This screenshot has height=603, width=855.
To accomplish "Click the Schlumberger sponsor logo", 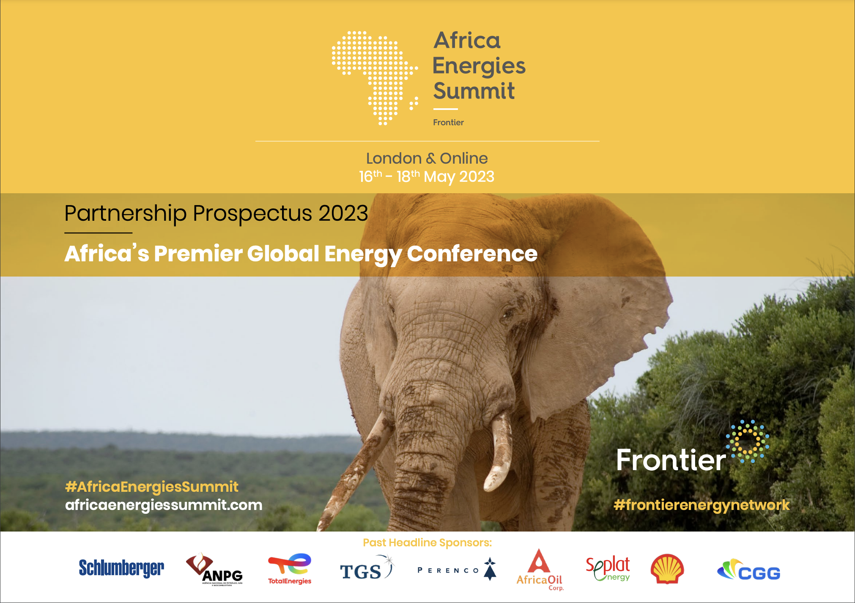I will coord(121,568).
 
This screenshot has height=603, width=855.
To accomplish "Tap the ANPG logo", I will coord(214,569).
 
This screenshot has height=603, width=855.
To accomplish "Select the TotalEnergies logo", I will coord(290,569).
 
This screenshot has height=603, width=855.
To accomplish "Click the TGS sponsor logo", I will coord(367,569).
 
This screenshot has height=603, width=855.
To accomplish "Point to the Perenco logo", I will coord(457,570).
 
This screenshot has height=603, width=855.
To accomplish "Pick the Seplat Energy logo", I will coord(608,569).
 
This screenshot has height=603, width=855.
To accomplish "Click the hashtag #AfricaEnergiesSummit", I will coord(152,487).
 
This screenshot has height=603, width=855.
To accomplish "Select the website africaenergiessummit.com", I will coord(164,505).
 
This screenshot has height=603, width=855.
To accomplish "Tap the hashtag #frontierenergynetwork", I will coord(702,505).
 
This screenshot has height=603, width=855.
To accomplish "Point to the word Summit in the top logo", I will coord(474,91).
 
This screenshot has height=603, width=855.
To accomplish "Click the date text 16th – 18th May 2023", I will coord(427,176).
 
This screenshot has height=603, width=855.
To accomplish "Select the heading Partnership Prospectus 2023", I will coord(216,213).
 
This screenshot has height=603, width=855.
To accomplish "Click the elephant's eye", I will coord(506,314).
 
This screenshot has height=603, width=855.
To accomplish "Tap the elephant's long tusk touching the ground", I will coord(355,469).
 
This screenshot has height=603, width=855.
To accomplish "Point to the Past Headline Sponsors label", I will coord(427,543).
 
